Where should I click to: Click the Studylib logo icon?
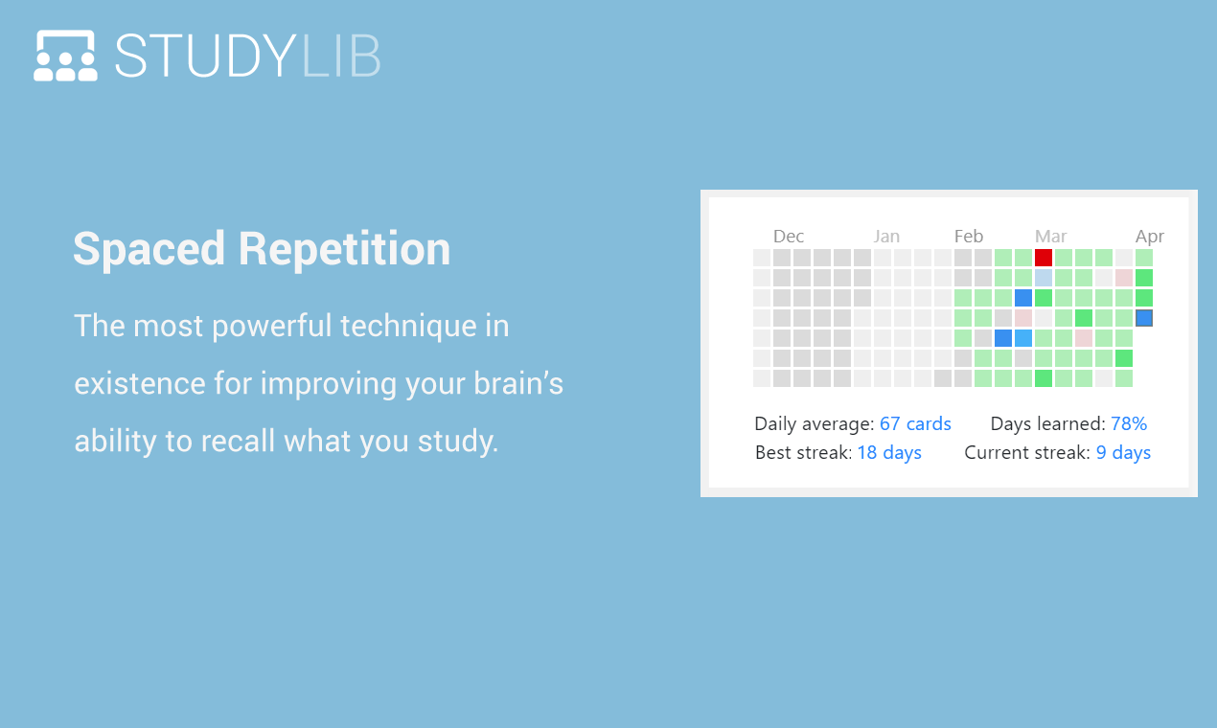[x=65, y=56]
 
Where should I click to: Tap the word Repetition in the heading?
[x=344, y=249]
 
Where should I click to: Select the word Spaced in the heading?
[x=149, y=249]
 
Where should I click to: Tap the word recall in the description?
[x=238, y=442]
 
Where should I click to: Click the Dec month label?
[x=789, y=237]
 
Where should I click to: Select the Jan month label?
[x=886, y=237]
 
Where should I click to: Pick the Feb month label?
[x=969, y=237]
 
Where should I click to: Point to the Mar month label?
[x=1050, y=237]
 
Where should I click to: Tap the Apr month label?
[x=1150, y=237]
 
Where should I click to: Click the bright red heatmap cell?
[x=1044, y=258]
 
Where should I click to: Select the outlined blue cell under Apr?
[x=1144, y=318]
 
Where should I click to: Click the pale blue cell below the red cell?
[x=1044, y=278]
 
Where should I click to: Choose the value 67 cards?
[x=915, y=423]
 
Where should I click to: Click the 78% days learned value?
[x=1129, y=423]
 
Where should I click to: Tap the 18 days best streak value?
[x=889, y=452]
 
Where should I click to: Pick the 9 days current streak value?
[x=1123, y=452]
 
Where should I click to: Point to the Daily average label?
[x=814, y=423]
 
